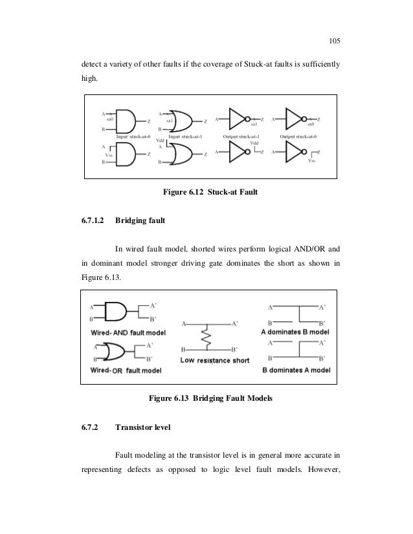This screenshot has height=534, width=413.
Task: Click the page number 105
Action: [x=334, y=42]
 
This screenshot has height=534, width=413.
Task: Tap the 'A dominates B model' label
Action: [x=296, y=331]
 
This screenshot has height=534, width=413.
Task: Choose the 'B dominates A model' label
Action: [x=296, y=370]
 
